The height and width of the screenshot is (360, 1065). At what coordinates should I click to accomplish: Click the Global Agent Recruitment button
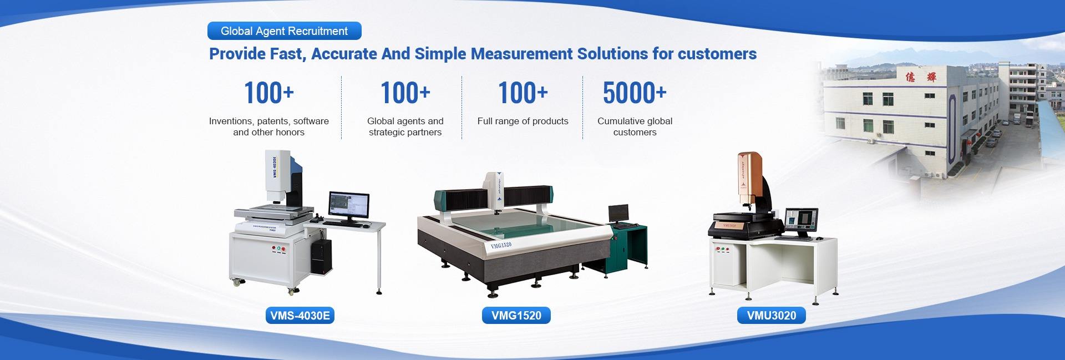click(284, 31)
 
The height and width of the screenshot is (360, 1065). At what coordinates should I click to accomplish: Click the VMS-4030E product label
click(300, 316)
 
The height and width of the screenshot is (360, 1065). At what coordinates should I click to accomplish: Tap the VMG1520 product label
click(516, 316)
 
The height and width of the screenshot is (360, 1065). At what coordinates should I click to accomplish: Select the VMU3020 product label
click(771, 316)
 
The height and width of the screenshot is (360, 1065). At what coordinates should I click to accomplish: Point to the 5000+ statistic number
click(635, 93)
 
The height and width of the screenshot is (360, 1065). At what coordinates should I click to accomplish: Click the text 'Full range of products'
click(523, 121)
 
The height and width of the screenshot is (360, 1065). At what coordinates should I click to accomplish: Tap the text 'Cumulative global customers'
click(635, 126)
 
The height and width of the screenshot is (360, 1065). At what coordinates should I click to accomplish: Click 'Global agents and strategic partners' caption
click(405, 126)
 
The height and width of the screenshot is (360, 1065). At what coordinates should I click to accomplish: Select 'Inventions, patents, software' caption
click(268, 121)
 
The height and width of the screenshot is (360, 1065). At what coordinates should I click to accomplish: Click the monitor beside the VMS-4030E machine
click(349, 207)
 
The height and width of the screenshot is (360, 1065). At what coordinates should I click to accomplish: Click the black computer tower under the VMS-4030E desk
click(321, 256)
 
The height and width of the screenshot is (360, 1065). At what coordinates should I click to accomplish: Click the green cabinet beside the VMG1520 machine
click(627, 247)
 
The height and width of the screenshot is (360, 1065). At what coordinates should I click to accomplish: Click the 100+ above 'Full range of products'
click(523, 93)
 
